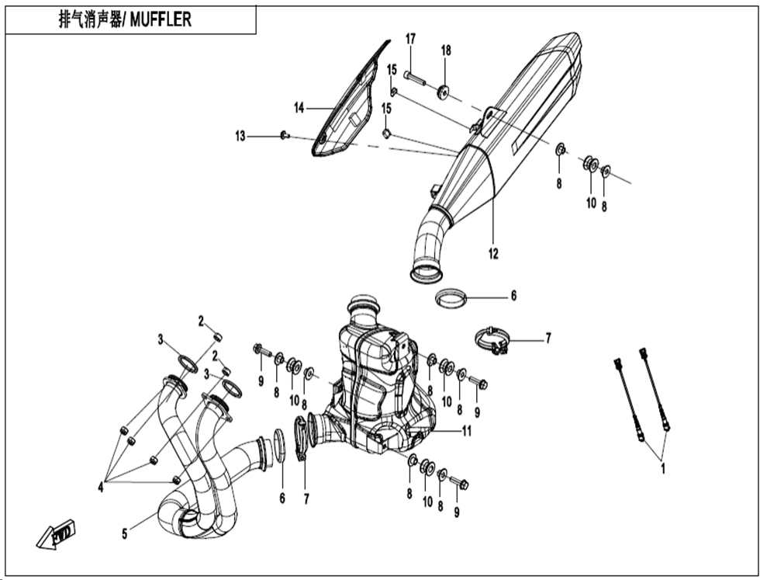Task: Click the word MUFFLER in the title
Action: coord(161,20)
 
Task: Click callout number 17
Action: coord(410,39)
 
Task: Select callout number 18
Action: coord(446,50)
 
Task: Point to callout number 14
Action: coord(299,108)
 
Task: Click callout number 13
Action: coord(240,137)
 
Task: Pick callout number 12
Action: coord(493,253)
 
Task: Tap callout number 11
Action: coord(466,430)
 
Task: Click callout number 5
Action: coord(125,534)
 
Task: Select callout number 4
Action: coord(101,487)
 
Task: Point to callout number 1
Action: coord(663,468)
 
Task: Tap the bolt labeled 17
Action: coord(414,78)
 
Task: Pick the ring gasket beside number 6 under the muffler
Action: coord(451,297)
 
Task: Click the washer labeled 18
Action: coord(443,92)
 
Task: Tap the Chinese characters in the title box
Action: coord(90,20)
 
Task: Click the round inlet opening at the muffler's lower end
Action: coord(427,274)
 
